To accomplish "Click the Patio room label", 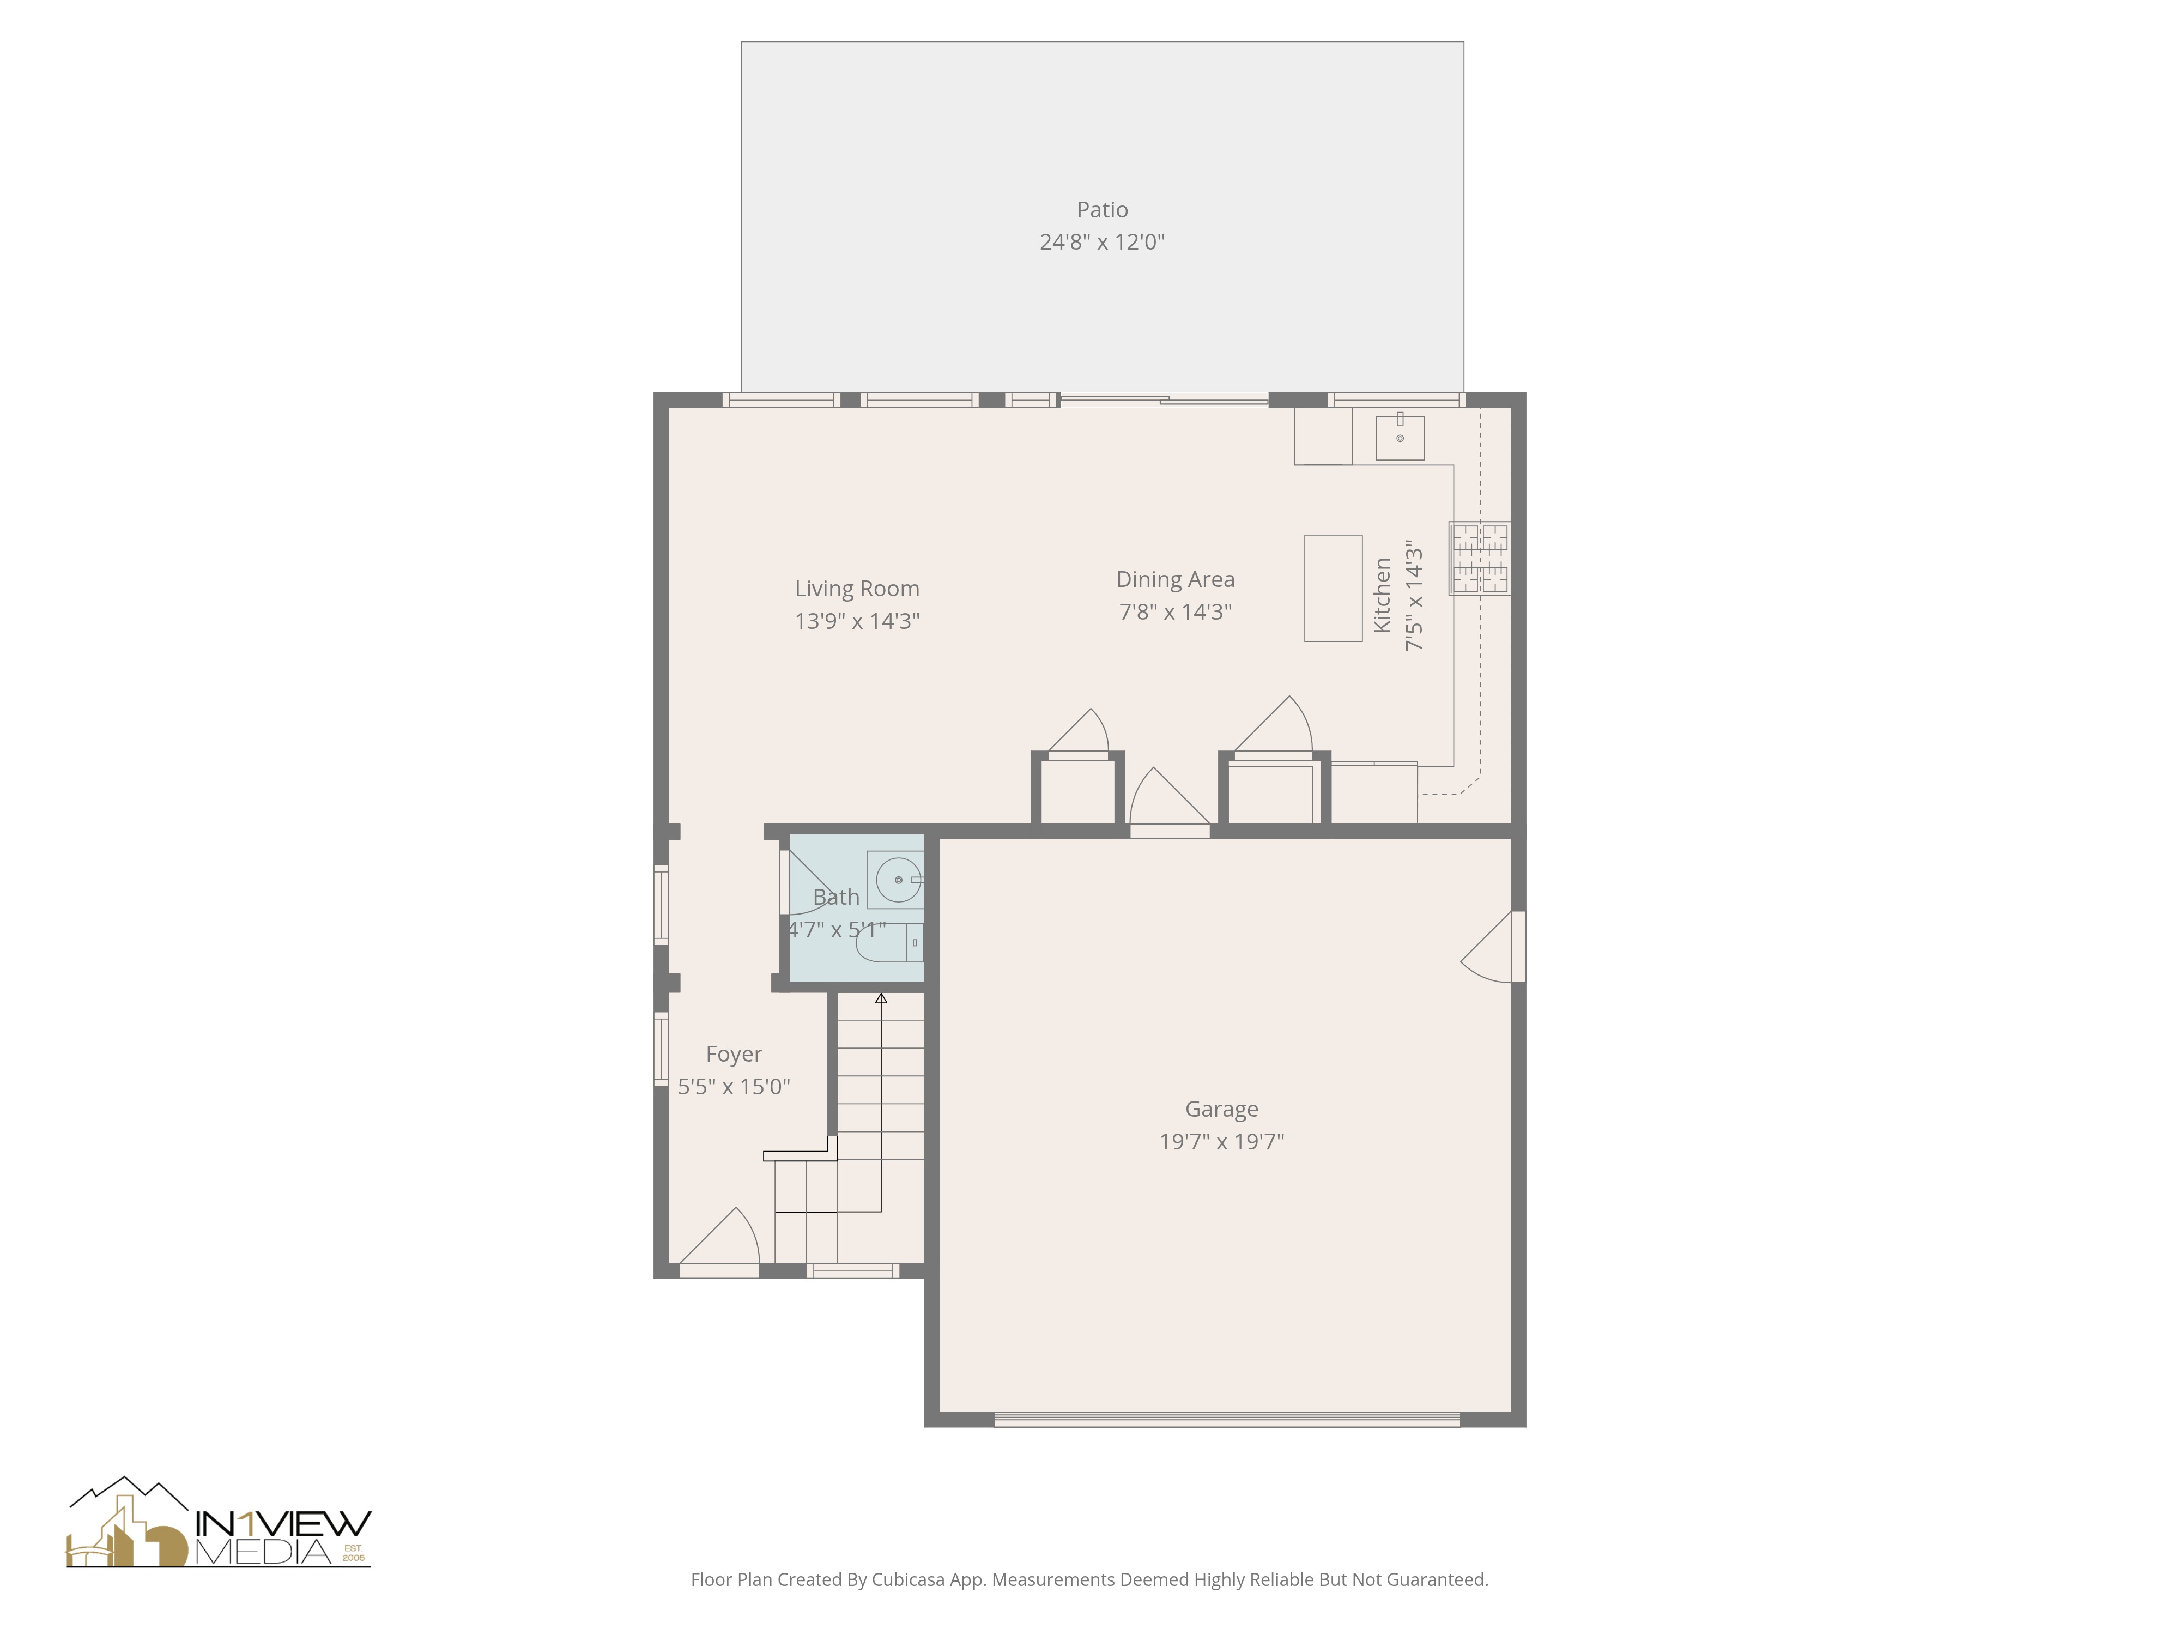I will point(1102,210).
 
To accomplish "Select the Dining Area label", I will point(1175,579).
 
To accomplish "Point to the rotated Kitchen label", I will point(1382,595).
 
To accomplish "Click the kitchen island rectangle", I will point(1333,589).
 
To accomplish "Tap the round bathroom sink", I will point(898,879).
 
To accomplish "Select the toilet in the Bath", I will point(886,943).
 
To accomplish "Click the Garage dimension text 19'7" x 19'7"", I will point(1221,1141).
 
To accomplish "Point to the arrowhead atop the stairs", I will point(881,998).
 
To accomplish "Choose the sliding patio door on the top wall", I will point(1163,399).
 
